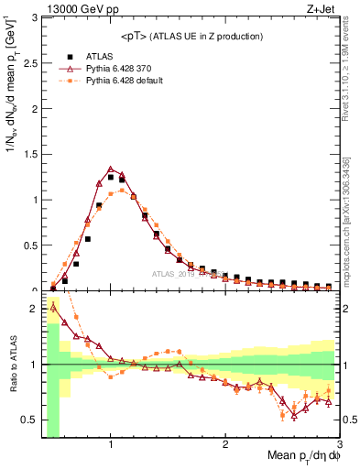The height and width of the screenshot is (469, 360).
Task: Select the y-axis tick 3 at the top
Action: (34, 17)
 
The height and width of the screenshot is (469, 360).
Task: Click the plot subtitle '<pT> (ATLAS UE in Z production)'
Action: (191, 36)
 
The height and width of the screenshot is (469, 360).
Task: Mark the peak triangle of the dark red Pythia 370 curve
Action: (110, 169)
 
